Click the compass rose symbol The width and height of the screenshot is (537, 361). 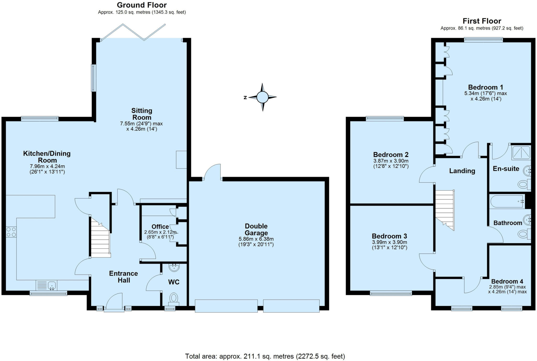(262, 97)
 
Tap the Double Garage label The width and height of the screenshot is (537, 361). (256, 230)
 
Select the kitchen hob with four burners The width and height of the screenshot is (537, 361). (11, 232)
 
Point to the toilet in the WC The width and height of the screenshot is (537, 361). (174, 299)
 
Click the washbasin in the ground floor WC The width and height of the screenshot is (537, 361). (174, 268)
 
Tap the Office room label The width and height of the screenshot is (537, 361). (160, 227)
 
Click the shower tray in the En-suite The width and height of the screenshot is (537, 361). (521, 153)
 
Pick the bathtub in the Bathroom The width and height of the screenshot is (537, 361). (507, 201)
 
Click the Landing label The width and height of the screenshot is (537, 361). (462, 171)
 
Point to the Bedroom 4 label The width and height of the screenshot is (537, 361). (507, 281)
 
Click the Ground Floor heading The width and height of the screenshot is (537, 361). (142, 5)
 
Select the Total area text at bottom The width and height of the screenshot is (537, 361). (265, 356)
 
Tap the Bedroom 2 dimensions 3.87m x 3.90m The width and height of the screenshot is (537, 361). (391, 161)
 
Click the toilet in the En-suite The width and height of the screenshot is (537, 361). (523, 184)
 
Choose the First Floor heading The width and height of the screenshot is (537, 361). (482, 21)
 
